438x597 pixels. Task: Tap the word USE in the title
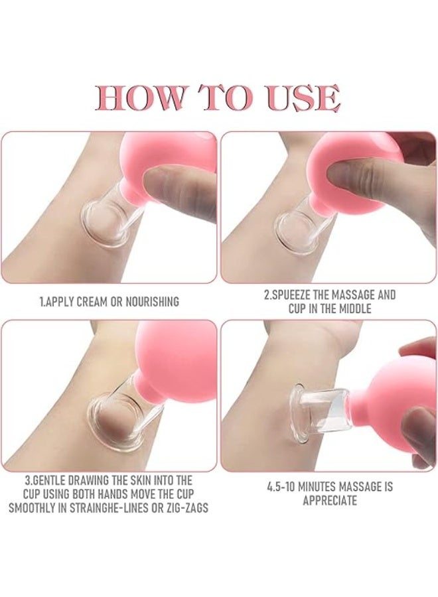click(x=305, y=98)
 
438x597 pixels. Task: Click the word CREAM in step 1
click(x=92, y=302)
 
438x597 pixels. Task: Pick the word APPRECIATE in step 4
click(x=330, y=501)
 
